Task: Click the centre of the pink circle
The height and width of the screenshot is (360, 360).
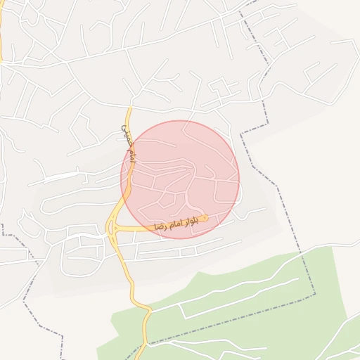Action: [180, 179]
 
